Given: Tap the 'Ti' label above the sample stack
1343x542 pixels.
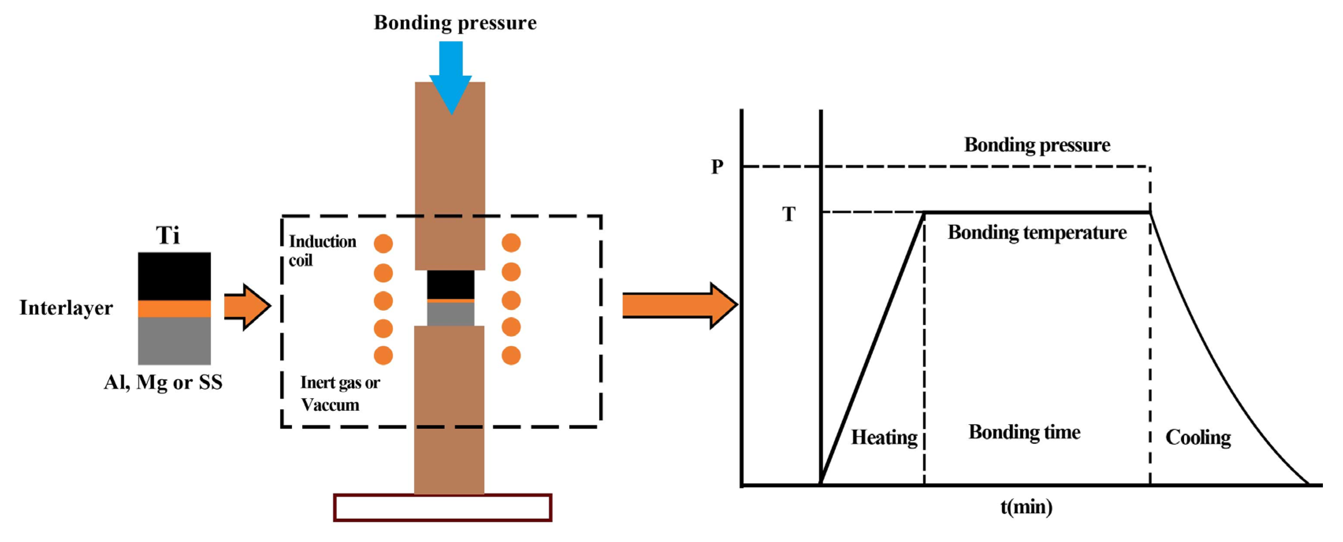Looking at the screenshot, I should [168, 235].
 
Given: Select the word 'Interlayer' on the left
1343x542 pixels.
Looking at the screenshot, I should [66, 308].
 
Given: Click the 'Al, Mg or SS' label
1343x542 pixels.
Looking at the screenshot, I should [163, 382].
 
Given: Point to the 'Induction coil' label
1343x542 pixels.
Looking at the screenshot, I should [322, 250].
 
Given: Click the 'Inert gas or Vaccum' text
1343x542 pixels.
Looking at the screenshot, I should [339, 394].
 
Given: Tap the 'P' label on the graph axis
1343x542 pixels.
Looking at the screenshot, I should [717, 167].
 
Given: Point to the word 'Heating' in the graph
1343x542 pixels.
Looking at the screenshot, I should [884, 437].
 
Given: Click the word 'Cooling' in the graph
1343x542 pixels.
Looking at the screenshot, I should [1198, 437].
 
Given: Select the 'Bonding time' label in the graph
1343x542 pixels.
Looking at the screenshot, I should [1025, 432].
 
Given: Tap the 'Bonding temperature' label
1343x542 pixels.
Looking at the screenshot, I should [1037, 232].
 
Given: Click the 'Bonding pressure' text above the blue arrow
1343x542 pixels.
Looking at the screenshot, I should [455, 23].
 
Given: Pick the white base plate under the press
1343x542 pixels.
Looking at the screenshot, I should [443, 507].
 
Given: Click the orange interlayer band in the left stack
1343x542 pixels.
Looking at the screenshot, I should [174, 308].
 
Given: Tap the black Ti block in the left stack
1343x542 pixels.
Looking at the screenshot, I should [174, 276].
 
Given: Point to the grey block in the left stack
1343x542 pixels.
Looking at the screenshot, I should [174, 341].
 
